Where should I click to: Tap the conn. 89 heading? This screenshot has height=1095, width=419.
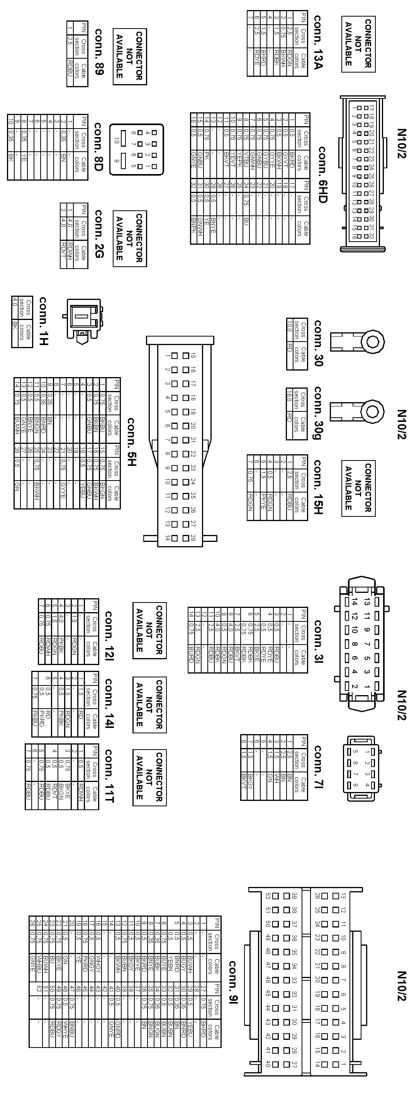[99, 52]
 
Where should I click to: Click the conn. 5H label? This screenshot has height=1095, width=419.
[131, 442]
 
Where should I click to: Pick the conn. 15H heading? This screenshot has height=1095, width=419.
[318, 487]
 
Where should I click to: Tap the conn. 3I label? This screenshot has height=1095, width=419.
[318, 641]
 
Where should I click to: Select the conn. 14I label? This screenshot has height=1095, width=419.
[109, 704]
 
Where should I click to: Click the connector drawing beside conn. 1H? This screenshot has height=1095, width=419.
[83, 319]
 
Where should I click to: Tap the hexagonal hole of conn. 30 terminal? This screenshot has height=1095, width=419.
[373, 341]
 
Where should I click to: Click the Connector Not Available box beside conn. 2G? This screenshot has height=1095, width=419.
[129, 239]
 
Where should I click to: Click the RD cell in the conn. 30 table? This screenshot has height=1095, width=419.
[290, 348]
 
